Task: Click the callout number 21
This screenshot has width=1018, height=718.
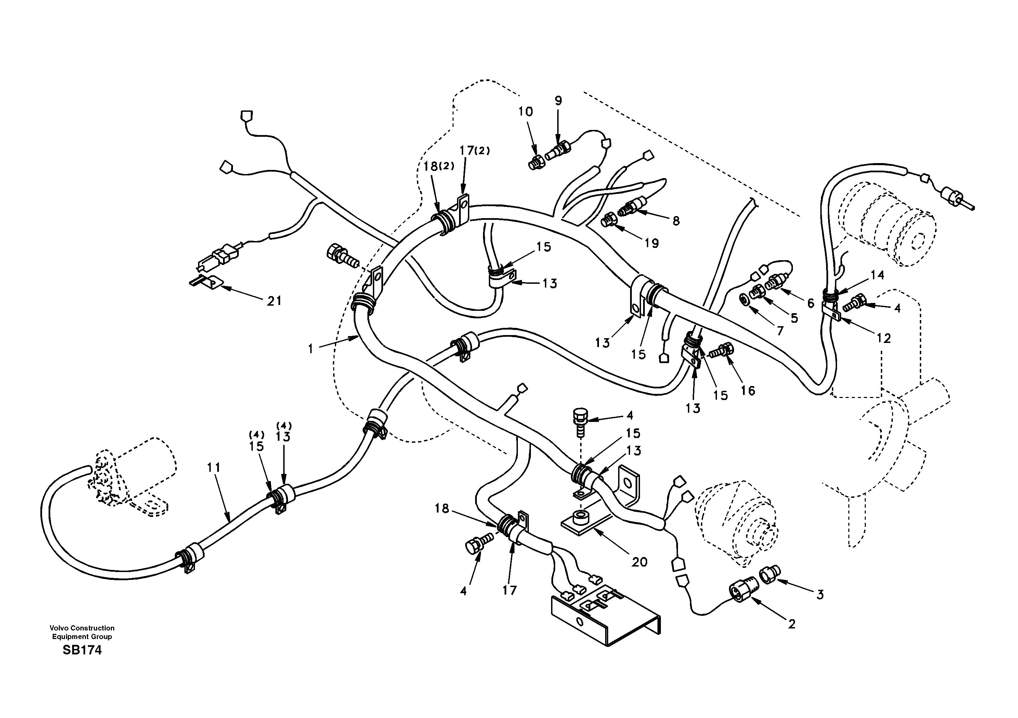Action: click(274, 301)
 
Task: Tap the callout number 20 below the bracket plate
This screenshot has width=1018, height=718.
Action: click(639, 562)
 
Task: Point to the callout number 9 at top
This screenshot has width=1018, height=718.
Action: click(558, 101)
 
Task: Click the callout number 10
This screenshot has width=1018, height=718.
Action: click(525, 112)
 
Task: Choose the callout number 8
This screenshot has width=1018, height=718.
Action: click(676, 221)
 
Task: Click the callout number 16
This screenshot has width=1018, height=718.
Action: click(747, 390)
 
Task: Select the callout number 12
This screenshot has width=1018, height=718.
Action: click(883, 338)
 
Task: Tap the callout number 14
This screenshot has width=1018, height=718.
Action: click(877, 275)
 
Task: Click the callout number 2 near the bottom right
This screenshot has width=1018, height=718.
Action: click(792, 624)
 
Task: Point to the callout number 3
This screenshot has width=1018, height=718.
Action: click(820, 595)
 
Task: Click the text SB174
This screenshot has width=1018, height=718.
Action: click(82, 650)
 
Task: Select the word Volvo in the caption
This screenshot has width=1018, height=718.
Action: click(60, 628)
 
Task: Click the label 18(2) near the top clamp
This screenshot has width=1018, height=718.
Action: click(439, 166)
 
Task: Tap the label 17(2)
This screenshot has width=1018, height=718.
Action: click(474, 151)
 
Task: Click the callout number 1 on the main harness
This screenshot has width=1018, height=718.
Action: click(311, 349)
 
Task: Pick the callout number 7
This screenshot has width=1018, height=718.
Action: click(780, 330)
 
